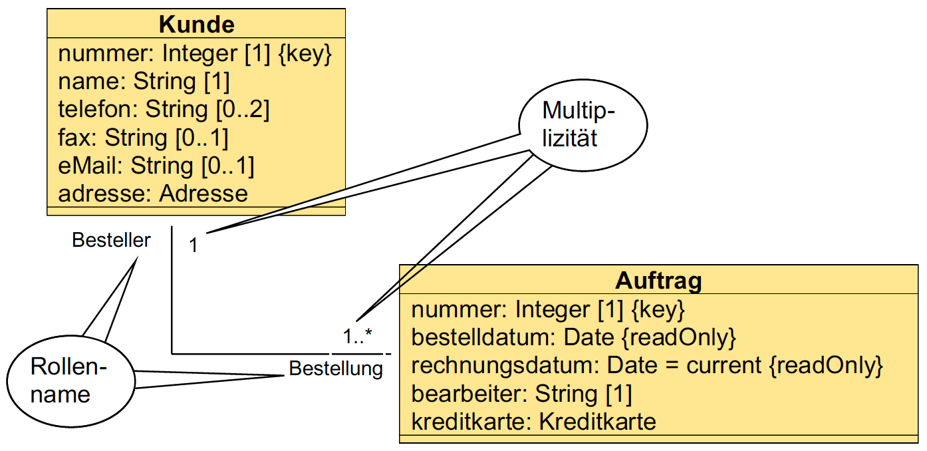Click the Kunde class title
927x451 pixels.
(196, 25)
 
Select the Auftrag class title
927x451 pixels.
(658, 281)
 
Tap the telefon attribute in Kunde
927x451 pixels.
(164, 109)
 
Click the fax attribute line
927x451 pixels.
(143, 138)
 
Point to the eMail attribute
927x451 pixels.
(156, 166)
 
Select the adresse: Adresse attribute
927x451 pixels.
(153, 194)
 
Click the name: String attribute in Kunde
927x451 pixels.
(144, 81)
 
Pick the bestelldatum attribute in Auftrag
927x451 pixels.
(573, 337)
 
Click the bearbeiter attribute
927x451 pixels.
(521, 394)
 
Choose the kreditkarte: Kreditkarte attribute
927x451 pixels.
(533, 422)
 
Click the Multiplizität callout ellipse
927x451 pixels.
(583, 124)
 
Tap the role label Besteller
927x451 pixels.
(111, 240)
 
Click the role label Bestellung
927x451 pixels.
(336, 368)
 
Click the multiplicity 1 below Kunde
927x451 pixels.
(193, 245)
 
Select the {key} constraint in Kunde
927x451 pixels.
(304, 53)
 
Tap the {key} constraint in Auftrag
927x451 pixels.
(657, 309)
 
